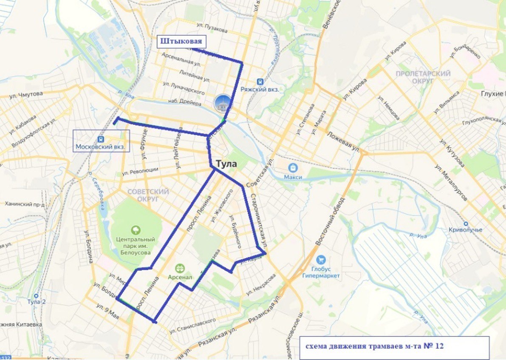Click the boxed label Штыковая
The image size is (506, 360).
182,42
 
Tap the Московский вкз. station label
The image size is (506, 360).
101,147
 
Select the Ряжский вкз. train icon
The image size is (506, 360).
260,82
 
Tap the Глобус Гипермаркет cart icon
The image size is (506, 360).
321,259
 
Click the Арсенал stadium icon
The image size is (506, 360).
180,268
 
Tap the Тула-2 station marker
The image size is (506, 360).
36,295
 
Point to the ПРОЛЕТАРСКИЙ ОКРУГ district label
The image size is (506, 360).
423,77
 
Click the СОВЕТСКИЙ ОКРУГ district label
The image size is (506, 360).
148,195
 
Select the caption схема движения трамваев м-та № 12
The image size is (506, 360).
374,346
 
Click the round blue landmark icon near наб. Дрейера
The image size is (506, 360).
222,103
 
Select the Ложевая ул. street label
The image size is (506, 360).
343,142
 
